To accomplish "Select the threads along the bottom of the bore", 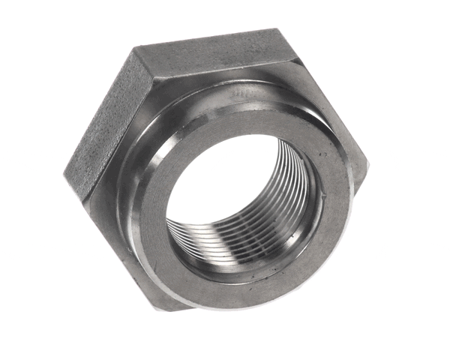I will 225,240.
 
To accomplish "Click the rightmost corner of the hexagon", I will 367,161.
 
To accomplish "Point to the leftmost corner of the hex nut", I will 65,169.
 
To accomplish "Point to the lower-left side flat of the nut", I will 112,240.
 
